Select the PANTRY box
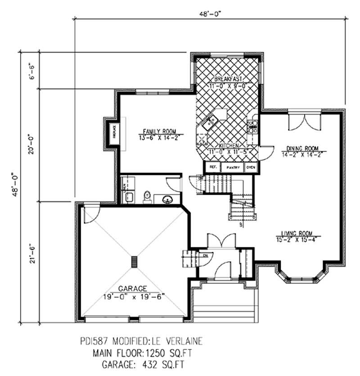pos(233,167)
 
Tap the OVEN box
pos(251,167)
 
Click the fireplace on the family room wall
pos(114,134)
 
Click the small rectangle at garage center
pos(134,262)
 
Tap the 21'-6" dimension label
pos(31,261)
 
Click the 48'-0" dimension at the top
pos(209,14)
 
